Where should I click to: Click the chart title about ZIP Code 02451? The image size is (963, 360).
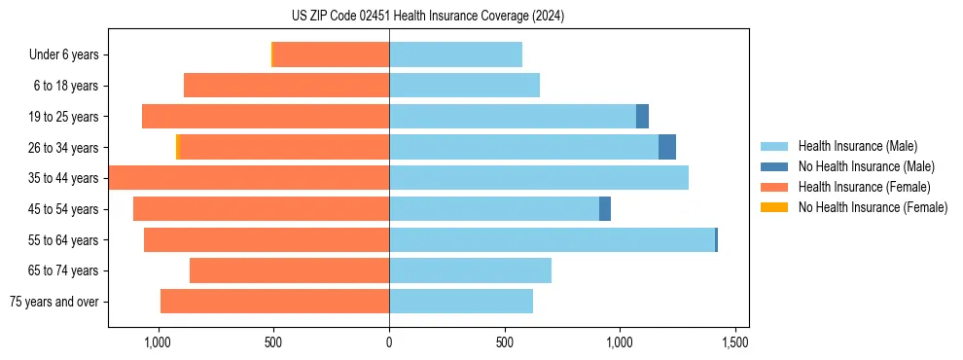click(x=427, y=16)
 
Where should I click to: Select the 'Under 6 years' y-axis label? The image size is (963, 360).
click(x=64, y=55)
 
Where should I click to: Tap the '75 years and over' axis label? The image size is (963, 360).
click(x=54, y=302)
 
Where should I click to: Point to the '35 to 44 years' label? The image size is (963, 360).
click(x=64, y=178)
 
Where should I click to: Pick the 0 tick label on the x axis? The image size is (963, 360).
click(x=389, y=342)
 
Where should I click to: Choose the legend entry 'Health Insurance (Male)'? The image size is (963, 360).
click(x=857, y=146)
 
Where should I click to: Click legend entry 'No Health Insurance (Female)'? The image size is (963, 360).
click(x=873, y=207)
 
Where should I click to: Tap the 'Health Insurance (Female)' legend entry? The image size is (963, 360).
click(x=864, y=187)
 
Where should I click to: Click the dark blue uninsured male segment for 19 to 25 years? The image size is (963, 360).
click(x=642, y=117)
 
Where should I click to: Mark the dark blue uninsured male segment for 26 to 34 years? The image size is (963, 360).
click(x=667, y=147)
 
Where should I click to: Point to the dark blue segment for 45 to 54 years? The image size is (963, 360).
click(x=605, y=208)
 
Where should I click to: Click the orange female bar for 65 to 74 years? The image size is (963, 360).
click(x=289, y=270)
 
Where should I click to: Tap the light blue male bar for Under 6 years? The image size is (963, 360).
click(x=455, y=55)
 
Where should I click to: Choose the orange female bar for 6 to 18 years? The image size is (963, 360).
click(x=286, y=86)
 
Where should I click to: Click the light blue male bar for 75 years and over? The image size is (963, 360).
click(x=461, y=302)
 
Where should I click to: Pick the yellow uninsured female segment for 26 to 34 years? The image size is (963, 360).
click(x=178, y=147)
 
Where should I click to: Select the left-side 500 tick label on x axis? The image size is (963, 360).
click(x=272, y=342)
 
